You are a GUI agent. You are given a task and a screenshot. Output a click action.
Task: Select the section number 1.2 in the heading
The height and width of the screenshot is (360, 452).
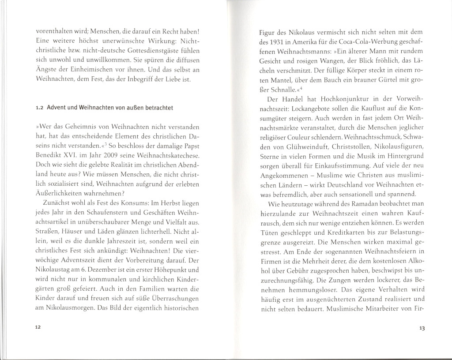pos(38,109)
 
